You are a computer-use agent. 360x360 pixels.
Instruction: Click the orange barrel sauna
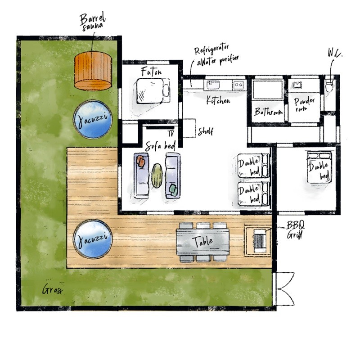click(93, 71)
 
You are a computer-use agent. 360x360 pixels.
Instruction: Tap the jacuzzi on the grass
click(93, 119)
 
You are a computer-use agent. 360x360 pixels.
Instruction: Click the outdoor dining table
click(203, 242)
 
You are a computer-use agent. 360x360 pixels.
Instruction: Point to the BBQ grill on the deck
click(258, 240)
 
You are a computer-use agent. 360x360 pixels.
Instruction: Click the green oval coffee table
click(157, 175)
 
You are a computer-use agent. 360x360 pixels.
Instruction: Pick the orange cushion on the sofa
click(141, 161)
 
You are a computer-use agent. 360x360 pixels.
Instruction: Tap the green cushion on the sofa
click(173, 190)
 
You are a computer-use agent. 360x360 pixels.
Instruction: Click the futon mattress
click(150, 91)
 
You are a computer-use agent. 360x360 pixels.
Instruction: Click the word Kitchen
click(218, 100)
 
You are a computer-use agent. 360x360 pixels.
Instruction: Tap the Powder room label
click(304, 104)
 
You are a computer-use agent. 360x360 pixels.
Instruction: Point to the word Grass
click(52, 289)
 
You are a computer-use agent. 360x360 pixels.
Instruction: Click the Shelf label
click(206, 131)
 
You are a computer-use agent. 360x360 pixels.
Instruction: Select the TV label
click(171, 133)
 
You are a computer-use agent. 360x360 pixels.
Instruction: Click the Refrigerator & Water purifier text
click(217, 55)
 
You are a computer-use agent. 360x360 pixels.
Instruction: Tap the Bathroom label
click(268, 112)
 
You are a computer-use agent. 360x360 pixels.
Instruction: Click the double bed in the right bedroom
click(319, 167)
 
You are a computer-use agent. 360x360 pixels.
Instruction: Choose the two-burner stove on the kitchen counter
click(239, 85)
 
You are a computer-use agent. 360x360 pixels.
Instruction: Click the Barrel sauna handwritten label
click(93, 22)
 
